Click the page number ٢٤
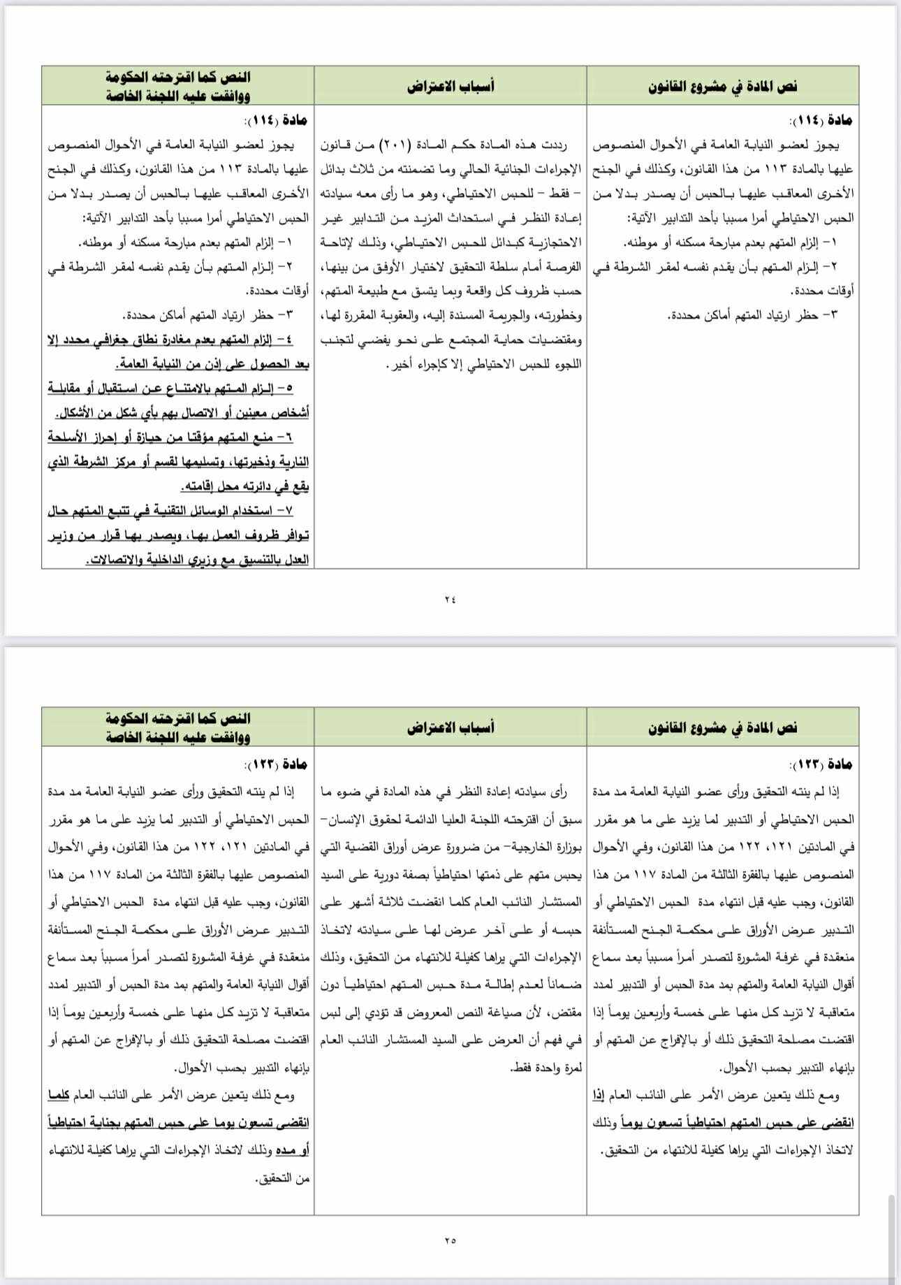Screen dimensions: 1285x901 (x=449, y=599)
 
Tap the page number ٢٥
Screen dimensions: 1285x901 (x=449, y=1240)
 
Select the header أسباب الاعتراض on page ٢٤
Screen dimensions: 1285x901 (x=450, y=86)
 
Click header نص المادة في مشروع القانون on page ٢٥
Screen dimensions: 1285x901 (x=723, y=727)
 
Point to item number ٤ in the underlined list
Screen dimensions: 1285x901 (x=284, y=340)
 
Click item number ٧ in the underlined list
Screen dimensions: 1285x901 (x=287, y=511)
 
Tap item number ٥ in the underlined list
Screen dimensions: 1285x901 (x=286, y=388)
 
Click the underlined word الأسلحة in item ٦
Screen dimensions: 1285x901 (x=66, y=437)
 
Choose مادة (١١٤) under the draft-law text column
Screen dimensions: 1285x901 (x=828, y=120)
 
